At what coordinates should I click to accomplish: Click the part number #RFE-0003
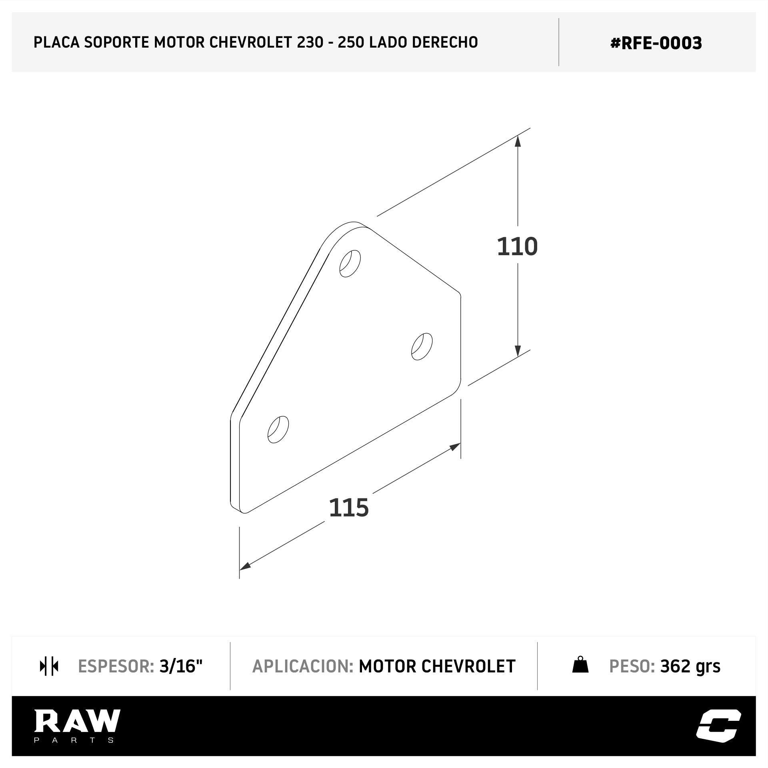click(x=656, y=43)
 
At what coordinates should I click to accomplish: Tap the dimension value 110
click(x=517, y=247)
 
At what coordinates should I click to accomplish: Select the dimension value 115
click(x=349, y=508)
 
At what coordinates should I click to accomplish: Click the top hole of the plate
click(x=350, y=264)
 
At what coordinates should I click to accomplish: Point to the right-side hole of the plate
click(x=422, y=346)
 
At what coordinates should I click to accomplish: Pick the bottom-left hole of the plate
click(x=278, y=430)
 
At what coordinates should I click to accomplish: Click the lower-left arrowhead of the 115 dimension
click(x=245, y=566)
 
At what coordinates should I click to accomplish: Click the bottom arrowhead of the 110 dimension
click(x=518, y=351)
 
